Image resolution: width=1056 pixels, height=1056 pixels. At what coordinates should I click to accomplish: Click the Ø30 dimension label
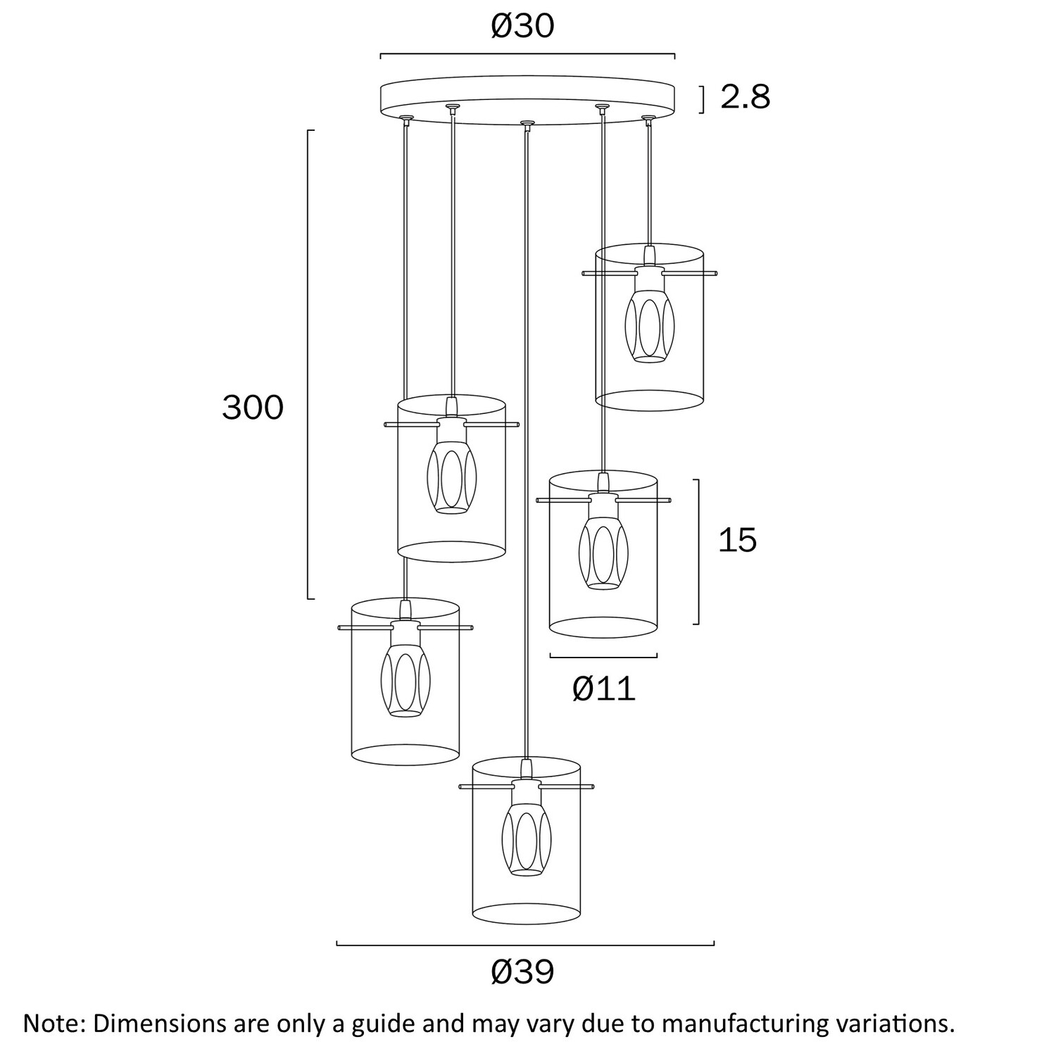(522, 27)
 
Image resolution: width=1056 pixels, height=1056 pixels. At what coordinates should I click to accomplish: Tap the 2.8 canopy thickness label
(746, 97)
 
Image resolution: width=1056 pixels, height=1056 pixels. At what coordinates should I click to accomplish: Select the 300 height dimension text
(253, 408)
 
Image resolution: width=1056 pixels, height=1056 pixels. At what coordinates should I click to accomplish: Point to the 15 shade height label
(737, 540)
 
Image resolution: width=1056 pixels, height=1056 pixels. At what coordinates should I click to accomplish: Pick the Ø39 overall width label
(522, 972)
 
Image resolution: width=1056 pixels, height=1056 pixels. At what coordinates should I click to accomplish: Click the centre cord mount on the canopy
(526, 125)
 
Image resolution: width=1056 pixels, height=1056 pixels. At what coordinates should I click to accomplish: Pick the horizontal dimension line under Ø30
(527, 54)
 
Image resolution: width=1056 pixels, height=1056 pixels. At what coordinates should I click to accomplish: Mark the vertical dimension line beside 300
(309, 365)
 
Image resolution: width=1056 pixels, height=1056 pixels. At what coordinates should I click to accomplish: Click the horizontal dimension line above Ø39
(525, 943)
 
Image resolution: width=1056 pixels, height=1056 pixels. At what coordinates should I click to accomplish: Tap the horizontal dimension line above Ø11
(603, 656)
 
